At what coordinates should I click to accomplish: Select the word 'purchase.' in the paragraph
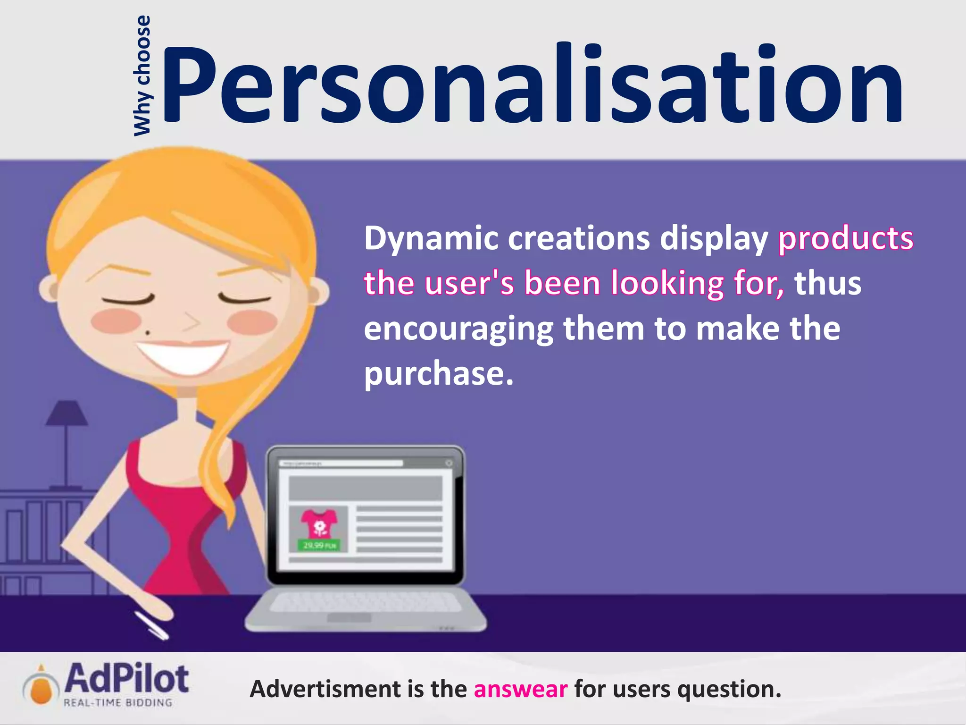coord(439,374)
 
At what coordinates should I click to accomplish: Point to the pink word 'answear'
coord(520,689)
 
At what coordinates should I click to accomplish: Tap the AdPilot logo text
coord(126,678)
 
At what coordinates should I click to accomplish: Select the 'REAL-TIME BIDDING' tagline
coord(118,703)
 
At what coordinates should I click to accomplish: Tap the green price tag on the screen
coord(319,546)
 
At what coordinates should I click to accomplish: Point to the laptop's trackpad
coord(349,617)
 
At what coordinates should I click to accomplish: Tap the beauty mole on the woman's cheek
coord(148,333)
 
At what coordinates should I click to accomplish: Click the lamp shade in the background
coord(67,413)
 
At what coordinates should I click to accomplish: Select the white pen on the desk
coord(151,626)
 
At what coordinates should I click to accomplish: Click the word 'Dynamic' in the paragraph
coord(431,238)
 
